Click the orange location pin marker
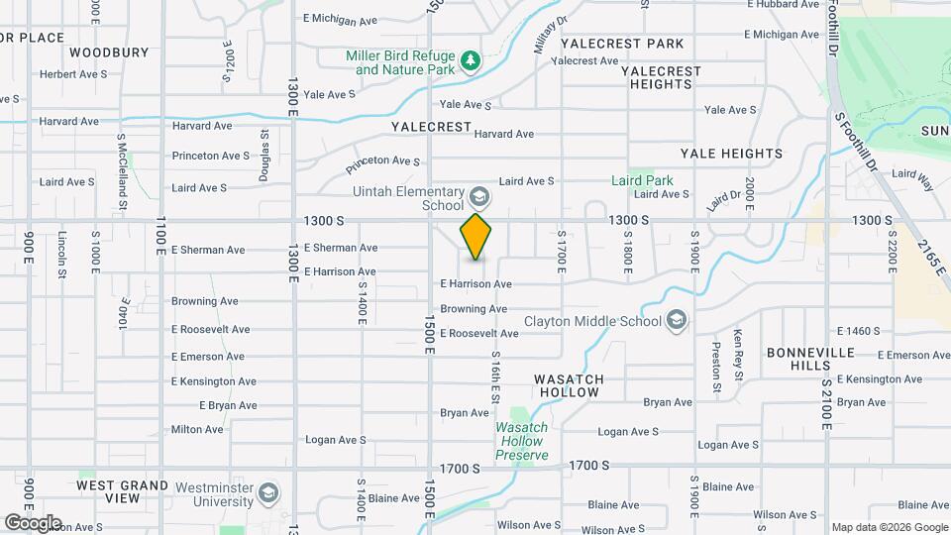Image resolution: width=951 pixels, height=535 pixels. [x=475, y=236]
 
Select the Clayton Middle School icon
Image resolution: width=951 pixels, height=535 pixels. [x=677, y=320]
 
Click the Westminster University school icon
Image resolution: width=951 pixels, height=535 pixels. [x=267, y=493]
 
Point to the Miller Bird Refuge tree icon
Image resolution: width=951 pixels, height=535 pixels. [x=472, y=62]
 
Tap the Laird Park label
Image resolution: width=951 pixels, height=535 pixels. [x=643, y=180]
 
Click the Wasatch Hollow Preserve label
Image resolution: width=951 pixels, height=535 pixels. [x=522, y=441]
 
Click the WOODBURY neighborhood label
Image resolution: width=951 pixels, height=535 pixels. [x=109, y=52]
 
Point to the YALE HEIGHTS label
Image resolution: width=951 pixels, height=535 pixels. [x=731, y=154]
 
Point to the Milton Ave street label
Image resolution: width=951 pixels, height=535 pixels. [x=197, y=429]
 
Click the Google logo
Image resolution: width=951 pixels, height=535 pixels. [x=32, y=522]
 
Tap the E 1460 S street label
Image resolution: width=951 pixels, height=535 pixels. [x=858, y=331]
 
